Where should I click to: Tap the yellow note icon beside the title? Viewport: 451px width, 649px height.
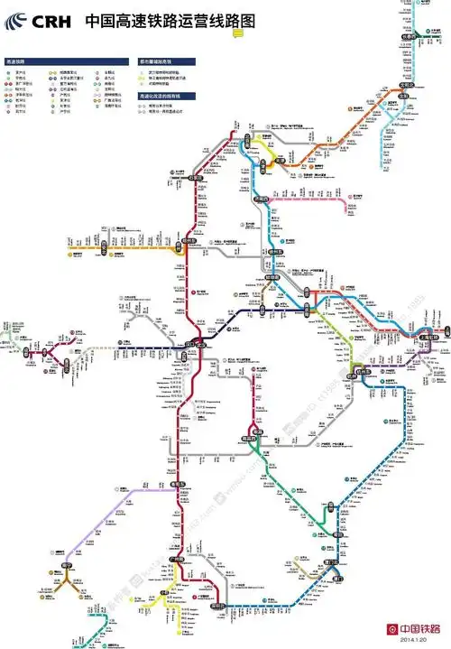click(x=237, y=32)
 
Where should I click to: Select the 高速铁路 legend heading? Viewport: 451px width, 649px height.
click(x=17, y=61)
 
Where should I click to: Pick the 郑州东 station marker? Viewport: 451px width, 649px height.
click(x=200, y=344)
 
